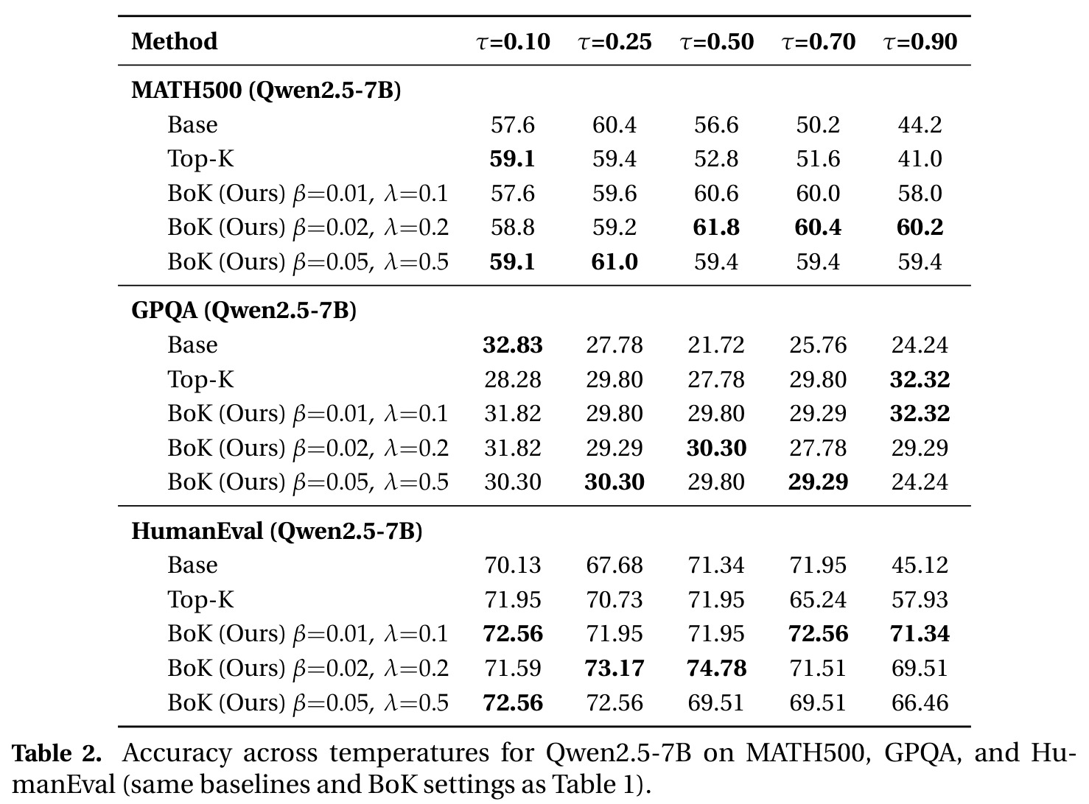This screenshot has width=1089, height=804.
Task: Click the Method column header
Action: click(175, 41)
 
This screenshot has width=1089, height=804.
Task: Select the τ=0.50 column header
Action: click(716, 42)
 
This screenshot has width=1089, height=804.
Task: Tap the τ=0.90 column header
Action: click(920, 42)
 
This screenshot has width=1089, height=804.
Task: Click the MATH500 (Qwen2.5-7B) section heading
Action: click(266, 91)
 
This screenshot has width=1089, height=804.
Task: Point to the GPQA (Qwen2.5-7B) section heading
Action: click(244, 311)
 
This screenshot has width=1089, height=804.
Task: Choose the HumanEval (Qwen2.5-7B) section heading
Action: click(277, 531)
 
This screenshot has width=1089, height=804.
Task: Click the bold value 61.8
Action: click(716, 228)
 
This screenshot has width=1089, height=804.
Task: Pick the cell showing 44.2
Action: click(920, 124)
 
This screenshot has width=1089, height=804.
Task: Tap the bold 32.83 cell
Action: click(513, 345)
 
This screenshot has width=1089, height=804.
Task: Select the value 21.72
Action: click(716, 345)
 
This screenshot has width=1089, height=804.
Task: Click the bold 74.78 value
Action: click(716, 668)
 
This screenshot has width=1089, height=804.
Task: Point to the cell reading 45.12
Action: click(920, 565)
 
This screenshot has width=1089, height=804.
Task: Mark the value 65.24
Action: click(818, 599)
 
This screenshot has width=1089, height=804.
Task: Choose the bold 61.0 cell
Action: click(614, 261)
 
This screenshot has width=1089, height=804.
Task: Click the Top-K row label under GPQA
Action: click(201, 380)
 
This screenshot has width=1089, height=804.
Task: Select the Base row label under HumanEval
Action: click(192, 565)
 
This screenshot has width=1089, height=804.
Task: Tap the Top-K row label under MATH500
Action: click(201, 160)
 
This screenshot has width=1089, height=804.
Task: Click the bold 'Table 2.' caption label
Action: click(57, 753)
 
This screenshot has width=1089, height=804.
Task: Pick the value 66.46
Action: click(920, 702)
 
